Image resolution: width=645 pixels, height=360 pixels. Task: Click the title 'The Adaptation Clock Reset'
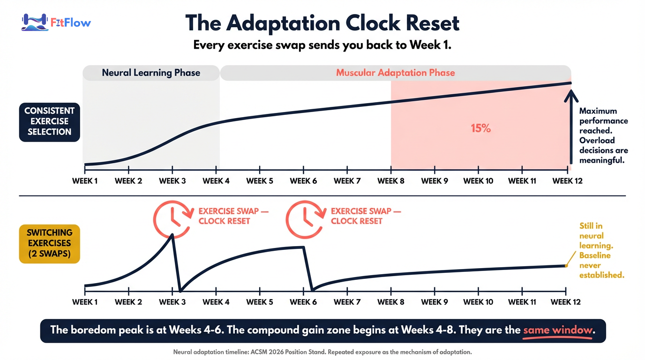322,23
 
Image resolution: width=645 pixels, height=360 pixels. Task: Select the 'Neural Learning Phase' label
151,73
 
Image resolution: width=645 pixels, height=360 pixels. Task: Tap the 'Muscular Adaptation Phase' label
395,73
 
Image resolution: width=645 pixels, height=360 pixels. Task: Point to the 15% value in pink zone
480,128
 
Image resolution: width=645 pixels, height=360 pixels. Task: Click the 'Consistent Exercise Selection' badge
49,121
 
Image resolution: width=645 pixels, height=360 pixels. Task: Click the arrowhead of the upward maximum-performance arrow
570,95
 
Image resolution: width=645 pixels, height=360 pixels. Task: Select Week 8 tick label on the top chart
391,181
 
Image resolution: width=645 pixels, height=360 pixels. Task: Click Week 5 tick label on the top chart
260,181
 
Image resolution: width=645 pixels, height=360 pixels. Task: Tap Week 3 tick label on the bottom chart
172,302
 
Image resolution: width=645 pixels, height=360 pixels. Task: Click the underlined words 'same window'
558,330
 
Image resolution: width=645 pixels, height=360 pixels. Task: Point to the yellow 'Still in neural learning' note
601,251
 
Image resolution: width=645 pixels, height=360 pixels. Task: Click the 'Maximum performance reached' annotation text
603,136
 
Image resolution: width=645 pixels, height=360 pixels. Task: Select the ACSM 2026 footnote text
322,352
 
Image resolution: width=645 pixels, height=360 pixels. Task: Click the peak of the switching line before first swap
172,234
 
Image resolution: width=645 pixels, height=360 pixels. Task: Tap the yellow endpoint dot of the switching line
566,266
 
